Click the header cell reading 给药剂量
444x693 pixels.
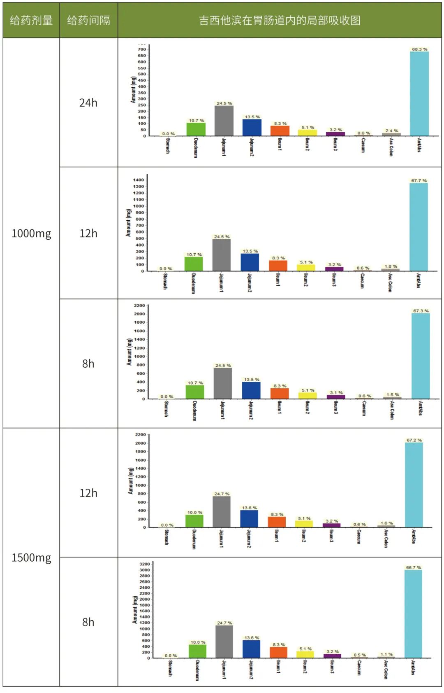[x=31, y=20]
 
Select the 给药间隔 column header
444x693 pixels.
[x=88, y=20]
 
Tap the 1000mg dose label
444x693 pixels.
[x=31, y=233]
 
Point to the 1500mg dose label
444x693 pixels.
[x=31, y=558]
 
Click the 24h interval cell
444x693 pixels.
[x=88, y=103]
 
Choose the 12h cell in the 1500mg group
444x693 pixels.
[x=88, y=493]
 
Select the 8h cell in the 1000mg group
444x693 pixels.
[x=88, y=364]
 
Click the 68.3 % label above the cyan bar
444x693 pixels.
[x=419, y=49]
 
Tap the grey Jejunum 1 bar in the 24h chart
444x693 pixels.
[x=224, y=121]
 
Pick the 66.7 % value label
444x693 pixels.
[x=413, y=567]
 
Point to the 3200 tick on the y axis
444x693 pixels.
[x=145, y=564]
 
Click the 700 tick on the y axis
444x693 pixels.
[x=142, y=49]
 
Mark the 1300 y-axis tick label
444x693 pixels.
[x=139, y=187]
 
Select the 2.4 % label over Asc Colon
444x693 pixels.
[x=391, y=131]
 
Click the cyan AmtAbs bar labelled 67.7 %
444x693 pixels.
[x=419, y=226]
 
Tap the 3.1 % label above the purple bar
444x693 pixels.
[x=336, y=393]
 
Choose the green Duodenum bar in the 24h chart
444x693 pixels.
[x=196, y=129]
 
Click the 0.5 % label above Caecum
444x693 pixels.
[x=360, y=655]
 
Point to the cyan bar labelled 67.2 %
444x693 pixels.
[x=414, y=485]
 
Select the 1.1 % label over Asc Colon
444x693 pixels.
[x=386, y=654]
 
